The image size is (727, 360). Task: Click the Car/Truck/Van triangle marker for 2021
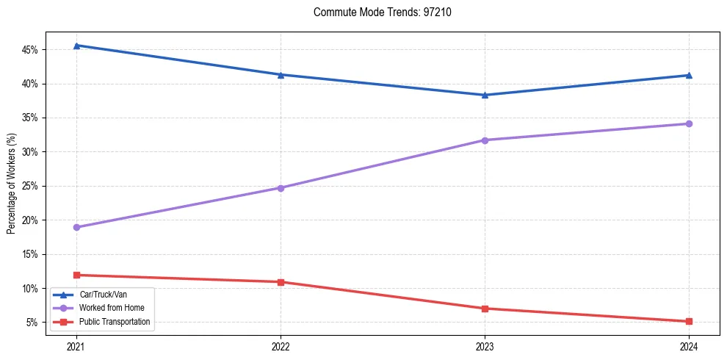pos(76,46)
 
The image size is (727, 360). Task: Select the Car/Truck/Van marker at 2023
pos(485,95)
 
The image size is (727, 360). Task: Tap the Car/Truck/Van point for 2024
pos(689,75)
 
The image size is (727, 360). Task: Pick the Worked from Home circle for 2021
pos(76,227)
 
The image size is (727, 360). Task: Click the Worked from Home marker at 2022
pos(281,187)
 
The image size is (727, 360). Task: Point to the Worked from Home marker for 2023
pos(485,140)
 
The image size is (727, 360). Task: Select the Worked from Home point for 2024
pos(689,123)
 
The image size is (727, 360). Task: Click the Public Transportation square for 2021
pos(76,275)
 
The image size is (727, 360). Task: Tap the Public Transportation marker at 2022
pos(281,282)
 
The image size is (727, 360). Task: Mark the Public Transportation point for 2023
pos(485,309)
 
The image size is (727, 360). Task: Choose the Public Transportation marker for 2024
pos(689,321)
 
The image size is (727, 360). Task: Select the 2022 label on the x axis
pos(281,346)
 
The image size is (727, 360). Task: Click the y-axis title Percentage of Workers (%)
pos(12,184)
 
